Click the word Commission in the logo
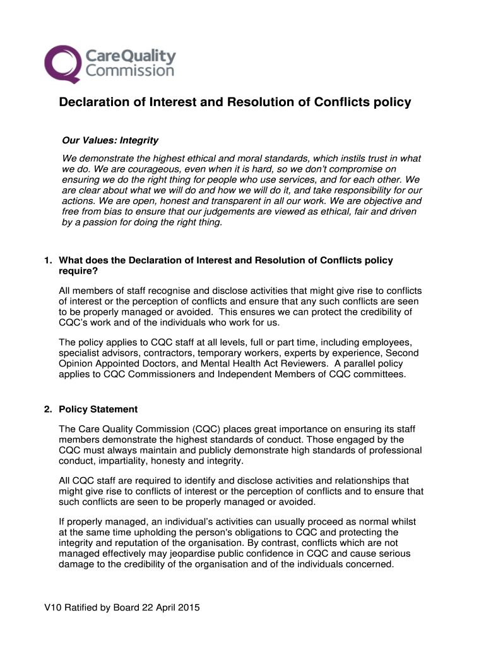pyautogui.click(x=129, y=70)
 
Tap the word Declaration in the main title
pyautogui.click(x=89, y=102)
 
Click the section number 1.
pyautogui.click(x=47, y=261)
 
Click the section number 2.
pyautogui.click(x=47, y=409)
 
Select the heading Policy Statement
pyautogui.click(x=98, y=409)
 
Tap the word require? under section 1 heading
pyautogui.click(x=78, y=272)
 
